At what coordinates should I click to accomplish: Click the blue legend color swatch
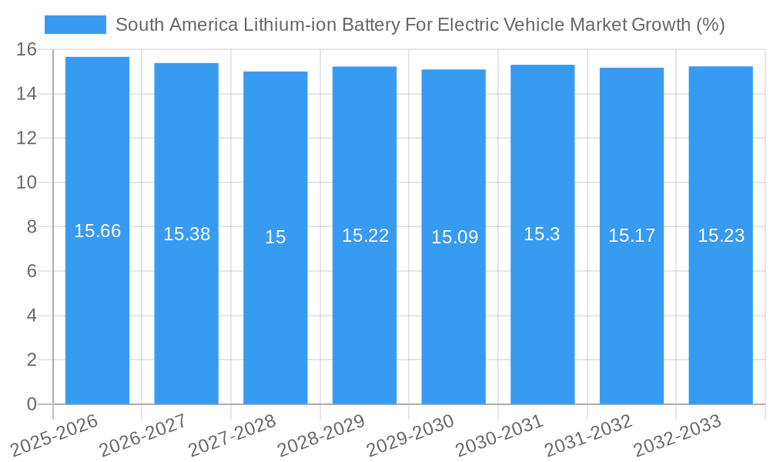point(75,25)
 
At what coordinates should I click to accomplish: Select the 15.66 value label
point(97,231)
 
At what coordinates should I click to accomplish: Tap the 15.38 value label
point(186,234)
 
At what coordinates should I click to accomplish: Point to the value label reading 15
point(275,237)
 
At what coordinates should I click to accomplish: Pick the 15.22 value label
point(365,236)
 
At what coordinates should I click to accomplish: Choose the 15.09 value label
point(454,237)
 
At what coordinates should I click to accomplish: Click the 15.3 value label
point(542,234)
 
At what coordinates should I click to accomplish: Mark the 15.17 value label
point(631,236)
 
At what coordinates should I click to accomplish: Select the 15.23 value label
point(721,236)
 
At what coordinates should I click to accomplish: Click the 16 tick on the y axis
point(27,50)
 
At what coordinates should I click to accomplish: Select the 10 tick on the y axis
point(27,182)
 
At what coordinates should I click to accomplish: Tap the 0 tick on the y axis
point(32,404)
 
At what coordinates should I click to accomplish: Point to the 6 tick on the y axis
point(32,271)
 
